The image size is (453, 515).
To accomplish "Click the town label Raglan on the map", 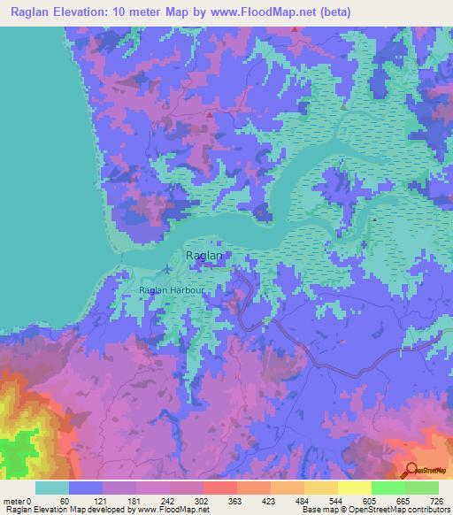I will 203,256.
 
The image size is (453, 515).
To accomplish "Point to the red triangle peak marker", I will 209,114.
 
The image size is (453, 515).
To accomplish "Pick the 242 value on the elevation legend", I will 167,502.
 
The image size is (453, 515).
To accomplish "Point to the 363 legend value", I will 235,502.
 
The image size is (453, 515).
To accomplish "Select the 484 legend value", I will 303,502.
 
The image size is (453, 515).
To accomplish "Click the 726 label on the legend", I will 439,502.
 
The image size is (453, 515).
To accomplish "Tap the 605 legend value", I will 372,502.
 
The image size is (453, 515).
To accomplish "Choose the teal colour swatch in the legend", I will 52,488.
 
